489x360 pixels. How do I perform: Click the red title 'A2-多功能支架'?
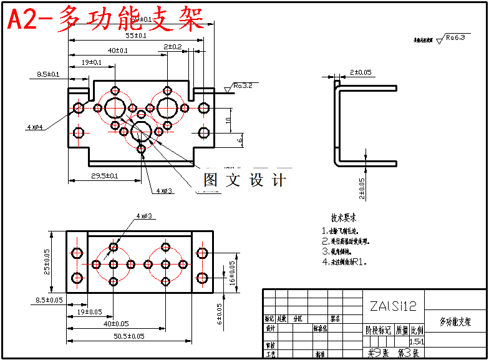pos(106,19)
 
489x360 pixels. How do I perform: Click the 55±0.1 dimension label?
pos(132,36)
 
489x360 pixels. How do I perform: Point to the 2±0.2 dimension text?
pos(173,47)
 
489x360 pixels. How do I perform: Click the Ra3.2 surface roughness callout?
pos(243,85)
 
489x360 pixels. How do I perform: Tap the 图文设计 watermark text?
pos(245,180)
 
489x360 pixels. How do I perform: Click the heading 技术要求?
pos(344,218)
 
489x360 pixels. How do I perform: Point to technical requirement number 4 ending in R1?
pos(345,262)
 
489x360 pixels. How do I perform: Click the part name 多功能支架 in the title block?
pos(455,322)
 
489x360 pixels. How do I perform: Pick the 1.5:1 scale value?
pos(416,341)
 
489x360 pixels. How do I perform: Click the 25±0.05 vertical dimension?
pos(47,263)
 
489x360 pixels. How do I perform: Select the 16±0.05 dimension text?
pos(232,273)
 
